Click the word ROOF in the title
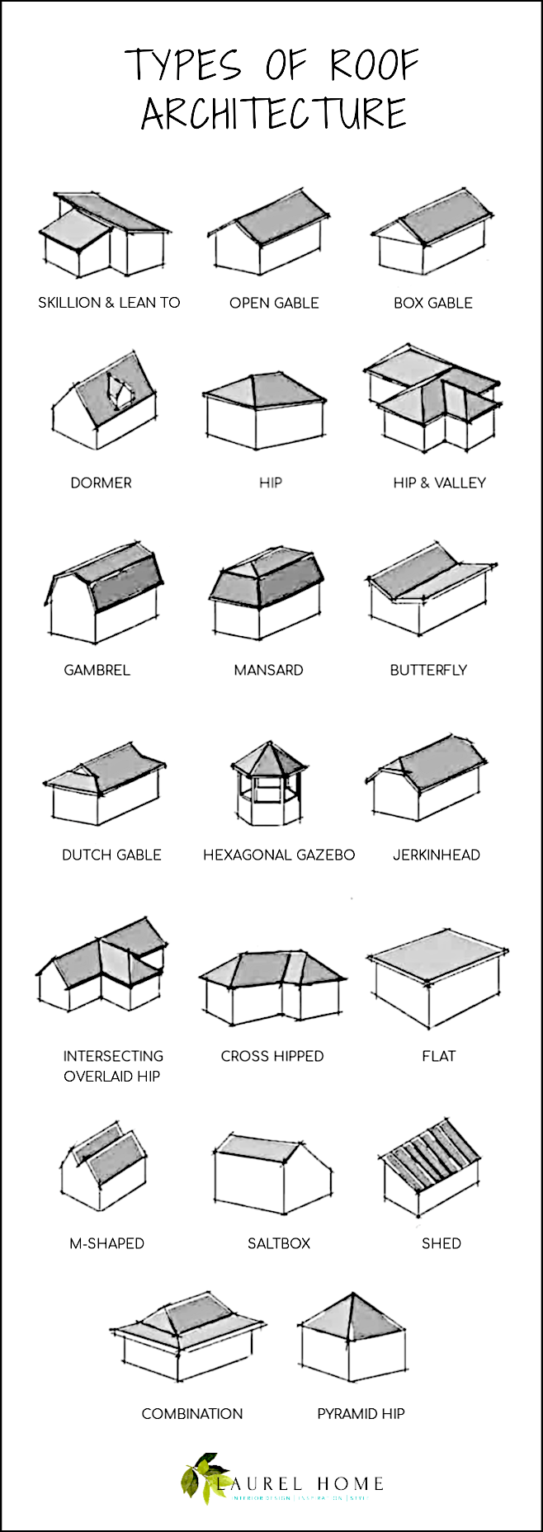click(375, 65)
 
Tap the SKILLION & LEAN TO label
click(109, 303)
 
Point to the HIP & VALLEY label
click(439, 483)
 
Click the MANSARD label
click(268, 670)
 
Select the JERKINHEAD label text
click(436, 855)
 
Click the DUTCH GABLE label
click(111, 855)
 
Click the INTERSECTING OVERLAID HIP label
click(112, 1066)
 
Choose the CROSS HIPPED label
click(271, 1056)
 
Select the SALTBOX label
click(278, 1243)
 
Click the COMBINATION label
click(191, 1413)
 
